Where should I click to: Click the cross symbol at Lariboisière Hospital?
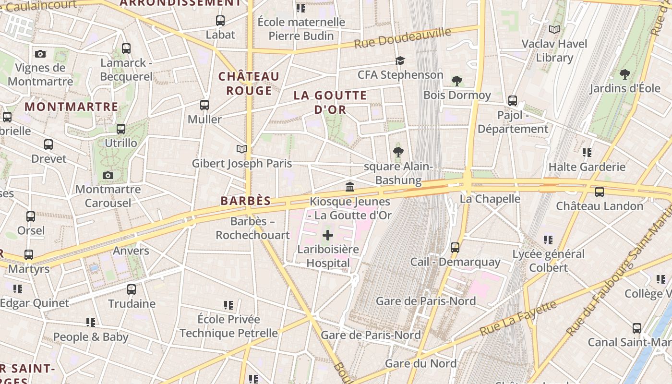point(328,235)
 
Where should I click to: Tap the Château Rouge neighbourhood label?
point(249,84)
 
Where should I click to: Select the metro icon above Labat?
point(220,21)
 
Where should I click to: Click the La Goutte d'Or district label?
point(330,102)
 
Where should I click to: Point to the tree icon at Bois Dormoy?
point(456,81)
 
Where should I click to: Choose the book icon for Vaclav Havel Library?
point(554,30)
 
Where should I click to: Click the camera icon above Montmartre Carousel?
point(108,175)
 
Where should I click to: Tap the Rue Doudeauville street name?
point(403,38)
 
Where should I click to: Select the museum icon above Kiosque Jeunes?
point(350,187)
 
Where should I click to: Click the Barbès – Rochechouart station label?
point(252,228)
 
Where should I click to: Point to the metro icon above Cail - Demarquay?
point(455,248)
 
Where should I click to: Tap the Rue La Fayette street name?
point(518,318)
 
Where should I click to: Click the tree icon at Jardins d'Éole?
point(624,74)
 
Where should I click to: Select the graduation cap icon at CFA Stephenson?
point(400,60)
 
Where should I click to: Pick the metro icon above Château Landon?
point(600,192)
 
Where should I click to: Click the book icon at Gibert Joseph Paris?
point(242,149)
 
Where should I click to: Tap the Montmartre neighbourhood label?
point(72,107)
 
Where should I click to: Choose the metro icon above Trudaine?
point(132,289)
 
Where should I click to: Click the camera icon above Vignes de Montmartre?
point(40,54)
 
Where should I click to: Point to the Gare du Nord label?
point(420,363)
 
